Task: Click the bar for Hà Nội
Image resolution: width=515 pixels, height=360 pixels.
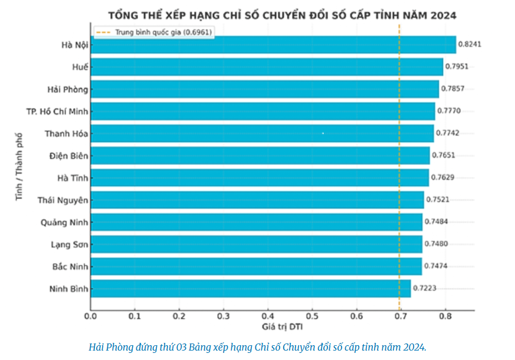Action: (x=273, y=45)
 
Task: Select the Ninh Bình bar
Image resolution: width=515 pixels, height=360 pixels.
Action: (x=251, y=289)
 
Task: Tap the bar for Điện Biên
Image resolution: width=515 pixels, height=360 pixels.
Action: (x=260, y=156)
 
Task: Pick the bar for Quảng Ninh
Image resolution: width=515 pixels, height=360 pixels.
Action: (x=257, y=222)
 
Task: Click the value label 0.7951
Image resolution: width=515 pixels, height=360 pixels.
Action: (x=458, y=67)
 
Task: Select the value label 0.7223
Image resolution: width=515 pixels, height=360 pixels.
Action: (x=425, y=289)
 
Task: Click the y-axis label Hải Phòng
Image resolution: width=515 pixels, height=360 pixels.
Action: (x=68, y=90)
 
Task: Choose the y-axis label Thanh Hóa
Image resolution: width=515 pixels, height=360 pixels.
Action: (x=66, y=134)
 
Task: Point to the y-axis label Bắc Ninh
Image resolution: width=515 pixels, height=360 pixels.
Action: (x=70, y=267)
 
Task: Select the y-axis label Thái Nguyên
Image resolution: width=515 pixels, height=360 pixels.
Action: (x=63, y=200)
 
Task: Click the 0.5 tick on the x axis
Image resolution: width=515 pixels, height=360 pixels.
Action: (x=312, y=316)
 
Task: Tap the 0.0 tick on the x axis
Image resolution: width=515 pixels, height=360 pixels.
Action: (x=91, y=316)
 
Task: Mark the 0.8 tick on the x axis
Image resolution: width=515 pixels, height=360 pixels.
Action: (x=445, y=316)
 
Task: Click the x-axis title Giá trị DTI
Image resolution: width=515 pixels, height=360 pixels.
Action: (x=283, y=326)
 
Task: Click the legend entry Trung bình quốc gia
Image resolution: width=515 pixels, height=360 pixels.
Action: (x=155, y=32)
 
